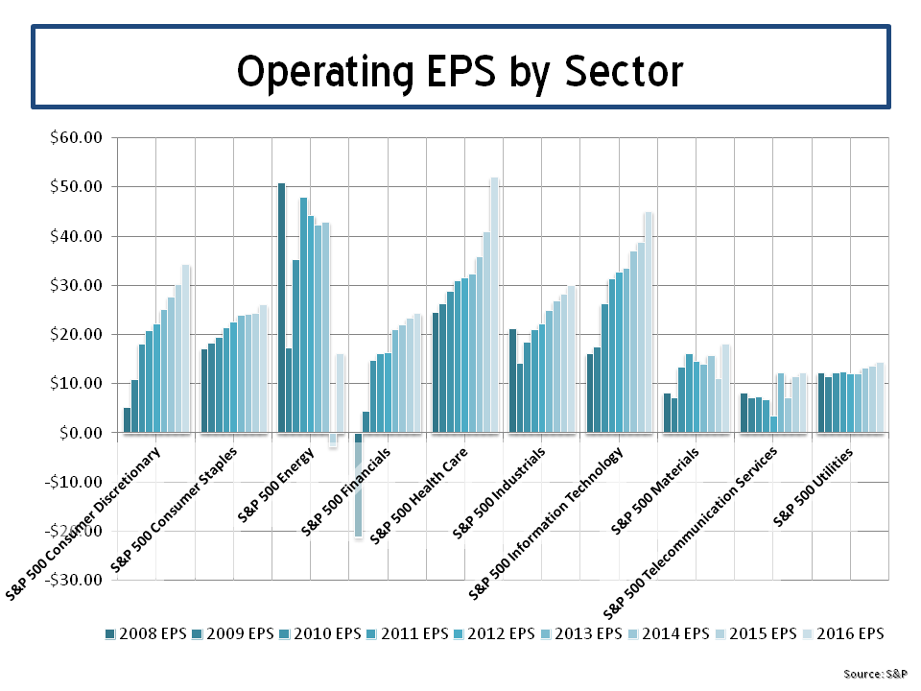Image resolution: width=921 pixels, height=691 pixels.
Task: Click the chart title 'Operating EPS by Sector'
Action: pyautogui.click(x=460, y=70)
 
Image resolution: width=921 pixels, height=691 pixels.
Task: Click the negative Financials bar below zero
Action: pyautogui.click(x=358, y=485)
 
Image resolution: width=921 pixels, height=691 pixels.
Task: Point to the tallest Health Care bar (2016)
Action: pyautogui.click(x=495, y=305)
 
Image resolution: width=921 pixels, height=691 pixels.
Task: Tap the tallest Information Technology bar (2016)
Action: pyautogui.click(x=649, y=322)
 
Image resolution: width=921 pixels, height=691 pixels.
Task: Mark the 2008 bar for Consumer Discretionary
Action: pyautogui.click(x=127, y=420)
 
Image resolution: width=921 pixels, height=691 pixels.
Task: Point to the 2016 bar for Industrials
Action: pyautogui.click(x=572, y=359)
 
